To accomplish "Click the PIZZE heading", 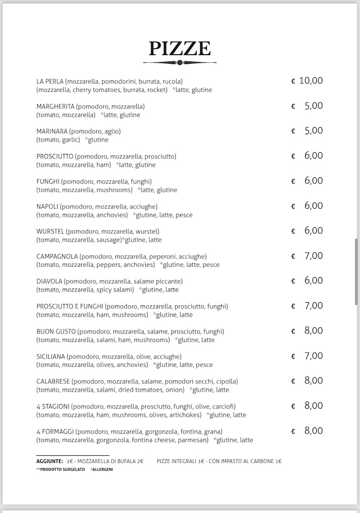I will (x=180, y=49).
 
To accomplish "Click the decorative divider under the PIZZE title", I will (x=180, y=62).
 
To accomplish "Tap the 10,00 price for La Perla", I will (x=311, y=81).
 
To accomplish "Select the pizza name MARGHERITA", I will (x=56, y=106).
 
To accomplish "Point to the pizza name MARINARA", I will (x=52, y=131).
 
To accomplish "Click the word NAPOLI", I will (x=47, y=206).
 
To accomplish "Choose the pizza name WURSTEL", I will (x=50, y=231).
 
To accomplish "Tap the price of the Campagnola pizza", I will (x=313, y=256).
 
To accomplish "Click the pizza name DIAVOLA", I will (x=50, y=281).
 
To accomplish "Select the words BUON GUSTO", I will (x=56, y=331).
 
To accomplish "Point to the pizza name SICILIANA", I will (x=51, y=357).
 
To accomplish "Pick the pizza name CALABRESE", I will (x=53, y=381).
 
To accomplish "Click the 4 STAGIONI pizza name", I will (x=53, y=407).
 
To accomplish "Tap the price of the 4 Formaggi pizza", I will (x=313, y=431).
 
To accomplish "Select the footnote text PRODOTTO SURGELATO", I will (x=62, y=469).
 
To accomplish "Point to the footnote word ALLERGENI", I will (x=103, y=469).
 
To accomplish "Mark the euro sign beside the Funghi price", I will (x=293, y=182).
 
